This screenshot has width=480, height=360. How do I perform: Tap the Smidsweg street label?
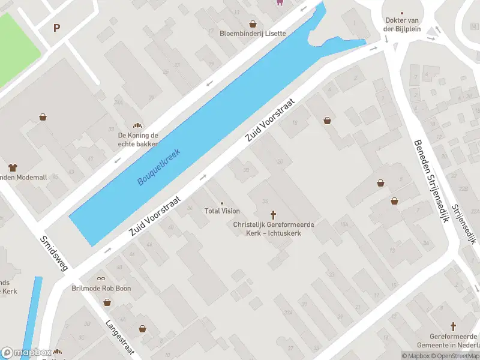tap(53, 253)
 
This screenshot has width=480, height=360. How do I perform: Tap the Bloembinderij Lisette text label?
tap(253, 34)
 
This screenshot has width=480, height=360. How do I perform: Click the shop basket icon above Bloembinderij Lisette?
tap(253, 24)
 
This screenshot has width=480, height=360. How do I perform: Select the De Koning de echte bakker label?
tap(138, 139)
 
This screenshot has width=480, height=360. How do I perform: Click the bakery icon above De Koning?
tap(138, 125)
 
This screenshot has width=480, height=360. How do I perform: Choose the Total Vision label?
tap(222, 211)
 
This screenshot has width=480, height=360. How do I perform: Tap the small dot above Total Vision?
tap(222, 203)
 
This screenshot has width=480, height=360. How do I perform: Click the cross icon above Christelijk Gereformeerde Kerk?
tap(274, 214)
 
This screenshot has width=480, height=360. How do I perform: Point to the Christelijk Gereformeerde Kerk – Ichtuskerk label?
tap(274, 229)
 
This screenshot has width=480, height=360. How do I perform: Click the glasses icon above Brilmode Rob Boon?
tap(101, 278)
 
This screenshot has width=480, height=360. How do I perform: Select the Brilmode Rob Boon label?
tap(101, 289)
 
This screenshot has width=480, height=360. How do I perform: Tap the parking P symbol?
tap(57, 28)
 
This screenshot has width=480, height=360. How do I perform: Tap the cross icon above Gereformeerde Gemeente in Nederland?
tap(453, 327)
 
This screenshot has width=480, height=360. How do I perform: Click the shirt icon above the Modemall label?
tap(12, 167)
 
